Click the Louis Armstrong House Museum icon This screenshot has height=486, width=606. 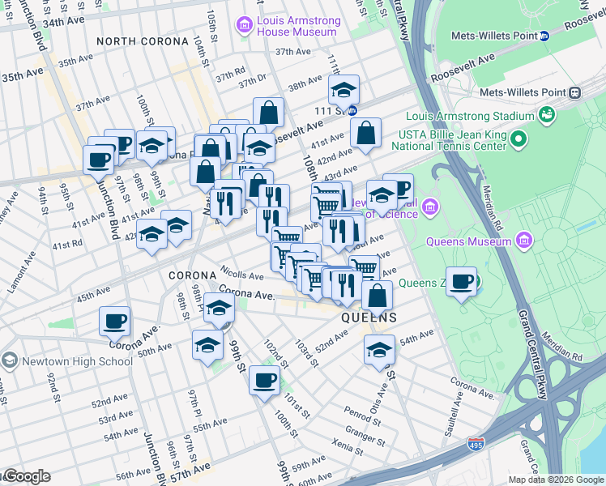[244, 26]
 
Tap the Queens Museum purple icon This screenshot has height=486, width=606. [525, 240]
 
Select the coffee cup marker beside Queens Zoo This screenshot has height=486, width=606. [461, 281]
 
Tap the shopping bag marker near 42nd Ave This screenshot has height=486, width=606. [366, 133]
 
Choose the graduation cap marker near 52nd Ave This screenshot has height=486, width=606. [378, 349]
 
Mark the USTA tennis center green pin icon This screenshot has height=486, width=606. [518, 142]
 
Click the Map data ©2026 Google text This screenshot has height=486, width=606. [555, 480]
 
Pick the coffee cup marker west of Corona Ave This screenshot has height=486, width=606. [114, 320]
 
